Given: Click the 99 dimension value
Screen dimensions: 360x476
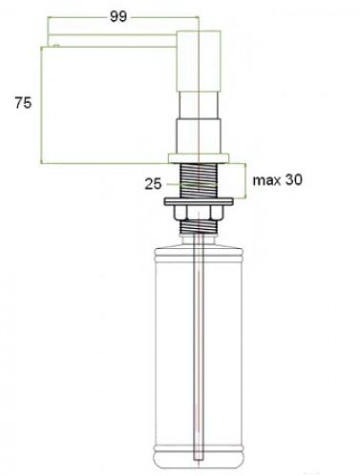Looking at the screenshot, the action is [x=118, y=16].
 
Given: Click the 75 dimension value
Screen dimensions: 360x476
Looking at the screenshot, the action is [x=23, y=103].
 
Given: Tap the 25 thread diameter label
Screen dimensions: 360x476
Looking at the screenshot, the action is [x=153, y=184].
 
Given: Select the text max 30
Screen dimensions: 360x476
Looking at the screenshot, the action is [x=277, y=180].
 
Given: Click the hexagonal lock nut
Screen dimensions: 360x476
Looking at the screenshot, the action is [x=198, y=213].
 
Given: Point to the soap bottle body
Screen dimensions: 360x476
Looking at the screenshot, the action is [x=198, y=351].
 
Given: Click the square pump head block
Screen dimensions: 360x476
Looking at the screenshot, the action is [x=199, y=61].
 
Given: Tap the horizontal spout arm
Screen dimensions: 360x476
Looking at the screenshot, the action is [x=112, y=40].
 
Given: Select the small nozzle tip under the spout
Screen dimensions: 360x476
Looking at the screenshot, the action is [x=56, y=46].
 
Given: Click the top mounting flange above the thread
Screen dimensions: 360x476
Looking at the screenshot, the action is [x=199, y=158].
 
